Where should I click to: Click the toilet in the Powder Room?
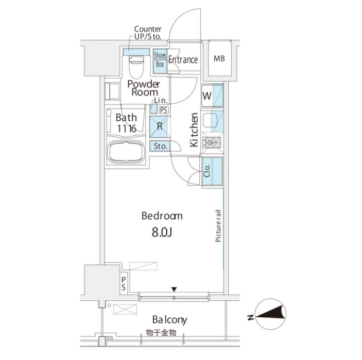(136, 67)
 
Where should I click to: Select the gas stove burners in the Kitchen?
(212, 142)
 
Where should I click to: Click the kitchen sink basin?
(210, 121)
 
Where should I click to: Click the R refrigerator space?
(160, 127)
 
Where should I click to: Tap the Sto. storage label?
(160, 146)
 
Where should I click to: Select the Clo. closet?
(212, 171)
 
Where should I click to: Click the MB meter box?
(219, 58)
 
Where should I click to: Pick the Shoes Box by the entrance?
(160, 61)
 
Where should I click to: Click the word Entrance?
(183, 60)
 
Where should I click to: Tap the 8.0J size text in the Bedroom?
(162, 233)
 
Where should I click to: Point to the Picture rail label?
(218, 226)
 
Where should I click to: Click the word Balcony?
(170, 320)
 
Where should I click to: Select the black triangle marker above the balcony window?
(174, 289)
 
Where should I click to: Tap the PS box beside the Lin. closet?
(164, 110)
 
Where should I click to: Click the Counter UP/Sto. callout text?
(148, 33)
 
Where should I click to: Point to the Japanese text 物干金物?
(161, 333)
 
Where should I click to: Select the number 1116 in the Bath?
(127, 129)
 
